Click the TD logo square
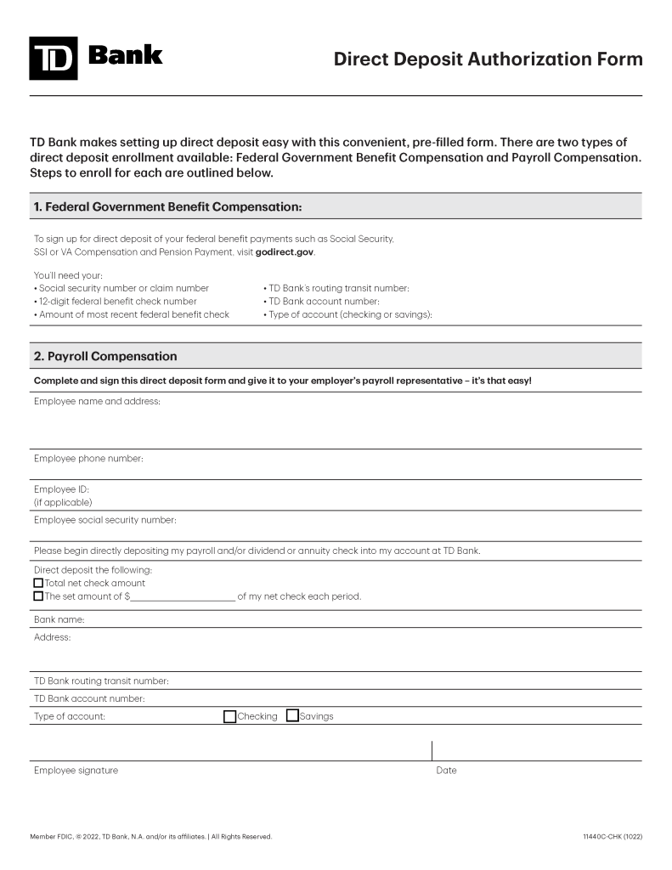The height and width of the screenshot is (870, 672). pos(53,59)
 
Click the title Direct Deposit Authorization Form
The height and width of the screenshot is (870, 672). pos(488,59)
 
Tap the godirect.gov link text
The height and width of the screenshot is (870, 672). pos(285,252)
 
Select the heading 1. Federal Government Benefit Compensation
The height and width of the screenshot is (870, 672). pos(167,206)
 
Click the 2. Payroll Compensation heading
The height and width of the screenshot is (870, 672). pos(105,356)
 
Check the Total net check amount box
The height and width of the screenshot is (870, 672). pos(38,583)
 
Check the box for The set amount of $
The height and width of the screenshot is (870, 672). pos(38,596)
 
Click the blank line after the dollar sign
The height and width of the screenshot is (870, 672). pos(183,596)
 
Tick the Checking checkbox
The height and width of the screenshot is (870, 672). pos(229,716)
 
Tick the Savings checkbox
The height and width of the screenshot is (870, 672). pos(292,716)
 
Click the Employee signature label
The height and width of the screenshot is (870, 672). pos(76,771)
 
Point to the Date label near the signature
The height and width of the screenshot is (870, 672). pos(446,771)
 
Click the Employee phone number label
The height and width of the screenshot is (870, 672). pos(88,459)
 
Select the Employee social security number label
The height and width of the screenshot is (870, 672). pos(104,520)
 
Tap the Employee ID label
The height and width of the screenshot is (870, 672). pos(61,489)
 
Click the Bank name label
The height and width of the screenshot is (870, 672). pos(59,619)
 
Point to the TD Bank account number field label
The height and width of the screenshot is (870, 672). pos(89,698)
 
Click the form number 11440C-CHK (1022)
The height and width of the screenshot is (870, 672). pos(612,837)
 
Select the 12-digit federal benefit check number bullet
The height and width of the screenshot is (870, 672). pos(117,302)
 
